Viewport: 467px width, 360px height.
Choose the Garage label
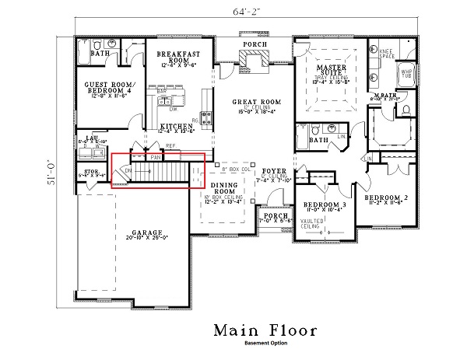(x=147, y=232)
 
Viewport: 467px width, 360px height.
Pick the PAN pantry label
(x=156, y=156)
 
